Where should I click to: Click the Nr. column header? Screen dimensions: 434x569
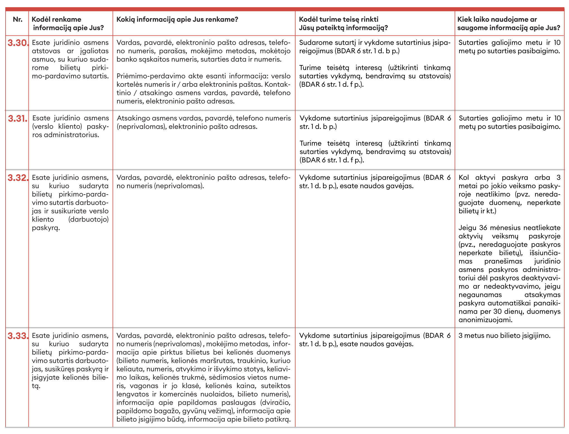coord(18,20)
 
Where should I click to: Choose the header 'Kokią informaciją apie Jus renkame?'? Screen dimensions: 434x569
coord(177,20)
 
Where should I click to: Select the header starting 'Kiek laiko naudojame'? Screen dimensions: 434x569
coord(509,23)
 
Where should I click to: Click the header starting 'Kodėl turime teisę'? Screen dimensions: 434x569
coord(343,23)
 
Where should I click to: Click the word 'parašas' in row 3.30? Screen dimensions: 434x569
coord(175,51)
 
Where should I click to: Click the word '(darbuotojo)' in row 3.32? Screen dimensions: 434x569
coord(88,220)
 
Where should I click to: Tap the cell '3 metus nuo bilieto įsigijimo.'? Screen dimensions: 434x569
coord(504,336)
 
